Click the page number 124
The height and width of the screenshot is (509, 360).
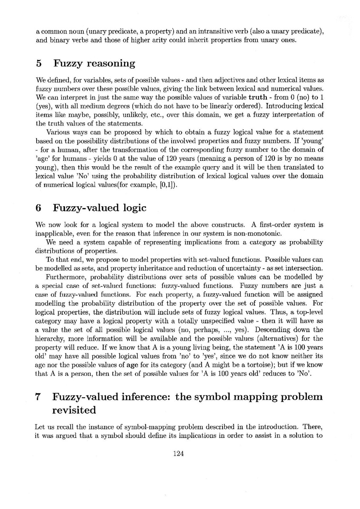point(178,454)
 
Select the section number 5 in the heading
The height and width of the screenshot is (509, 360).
point(39,64)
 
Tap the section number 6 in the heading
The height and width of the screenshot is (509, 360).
point(39,208)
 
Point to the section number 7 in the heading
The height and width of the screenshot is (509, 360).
point(39,397)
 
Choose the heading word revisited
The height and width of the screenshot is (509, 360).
point(74,411)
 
